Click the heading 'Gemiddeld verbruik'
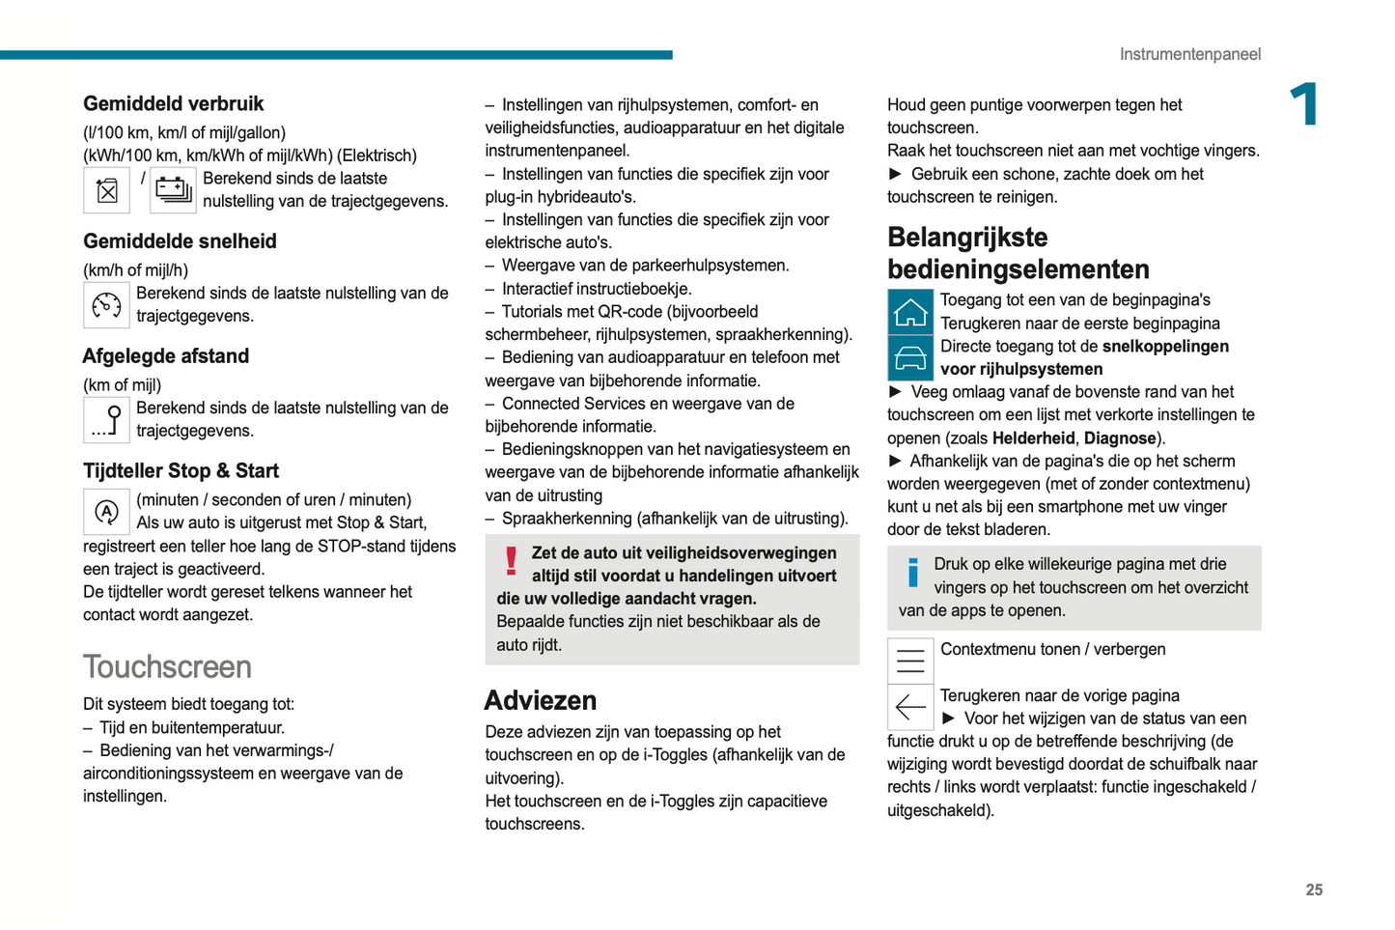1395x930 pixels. coord(173,103)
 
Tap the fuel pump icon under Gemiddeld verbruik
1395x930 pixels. coord(106,190)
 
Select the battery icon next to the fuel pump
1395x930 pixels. coord(174,190)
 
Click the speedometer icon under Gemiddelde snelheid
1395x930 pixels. coord(106,305)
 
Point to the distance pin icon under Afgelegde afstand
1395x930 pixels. coord(106,420)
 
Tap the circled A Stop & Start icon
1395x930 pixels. coord(106,512)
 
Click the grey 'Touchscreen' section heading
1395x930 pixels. coord(167,666)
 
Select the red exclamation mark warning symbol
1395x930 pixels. coord(512,561)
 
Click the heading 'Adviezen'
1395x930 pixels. coord(541,700)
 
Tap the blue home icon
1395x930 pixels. coord(910,312)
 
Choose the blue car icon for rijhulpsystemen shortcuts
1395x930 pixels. coord(910,358)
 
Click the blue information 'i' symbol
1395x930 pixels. coord(912,573)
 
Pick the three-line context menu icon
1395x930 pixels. coord(910,662)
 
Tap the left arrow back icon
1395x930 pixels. coord(910,708)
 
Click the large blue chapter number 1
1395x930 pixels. coord(1305,104)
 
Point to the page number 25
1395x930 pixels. coord(1314,890)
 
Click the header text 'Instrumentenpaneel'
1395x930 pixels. coord(1189,54)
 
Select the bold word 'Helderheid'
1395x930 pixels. coord(1033,438)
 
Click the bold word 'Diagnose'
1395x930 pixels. coord(1120,438)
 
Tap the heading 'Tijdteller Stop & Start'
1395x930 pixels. coord(181,471)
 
